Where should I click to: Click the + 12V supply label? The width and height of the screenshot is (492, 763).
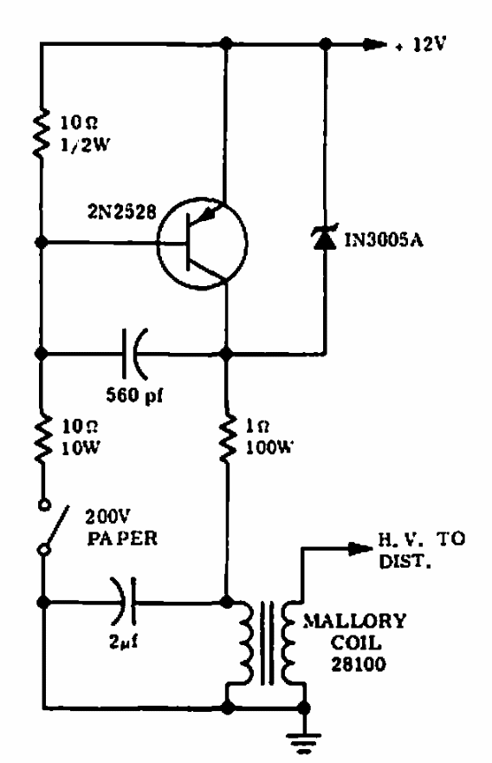420,45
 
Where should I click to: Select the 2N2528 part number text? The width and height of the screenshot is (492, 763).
122,212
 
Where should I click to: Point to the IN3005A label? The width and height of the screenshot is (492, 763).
384,239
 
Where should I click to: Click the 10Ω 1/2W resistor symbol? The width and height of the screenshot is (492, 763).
42,134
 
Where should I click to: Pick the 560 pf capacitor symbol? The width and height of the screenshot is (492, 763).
134,354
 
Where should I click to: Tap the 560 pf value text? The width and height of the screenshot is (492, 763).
134,395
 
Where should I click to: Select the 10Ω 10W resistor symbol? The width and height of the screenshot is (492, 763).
42,436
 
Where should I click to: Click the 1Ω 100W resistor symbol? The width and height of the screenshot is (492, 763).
227,436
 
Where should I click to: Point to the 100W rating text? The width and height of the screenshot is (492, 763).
269,447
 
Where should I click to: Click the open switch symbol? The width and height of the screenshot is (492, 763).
53,528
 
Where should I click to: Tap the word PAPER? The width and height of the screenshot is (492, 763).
122,538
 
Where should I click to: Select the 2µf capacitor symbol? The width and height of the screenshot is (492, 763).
124,602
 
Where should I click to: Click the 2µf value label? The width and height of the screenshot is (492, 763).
123,642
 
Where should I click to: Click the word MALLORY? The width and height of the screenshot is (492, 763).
354,622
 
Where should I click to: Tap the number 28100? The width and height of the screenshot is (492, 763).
359,664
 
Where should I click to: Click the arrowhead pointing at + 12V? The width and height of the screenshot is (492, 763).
375,45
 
